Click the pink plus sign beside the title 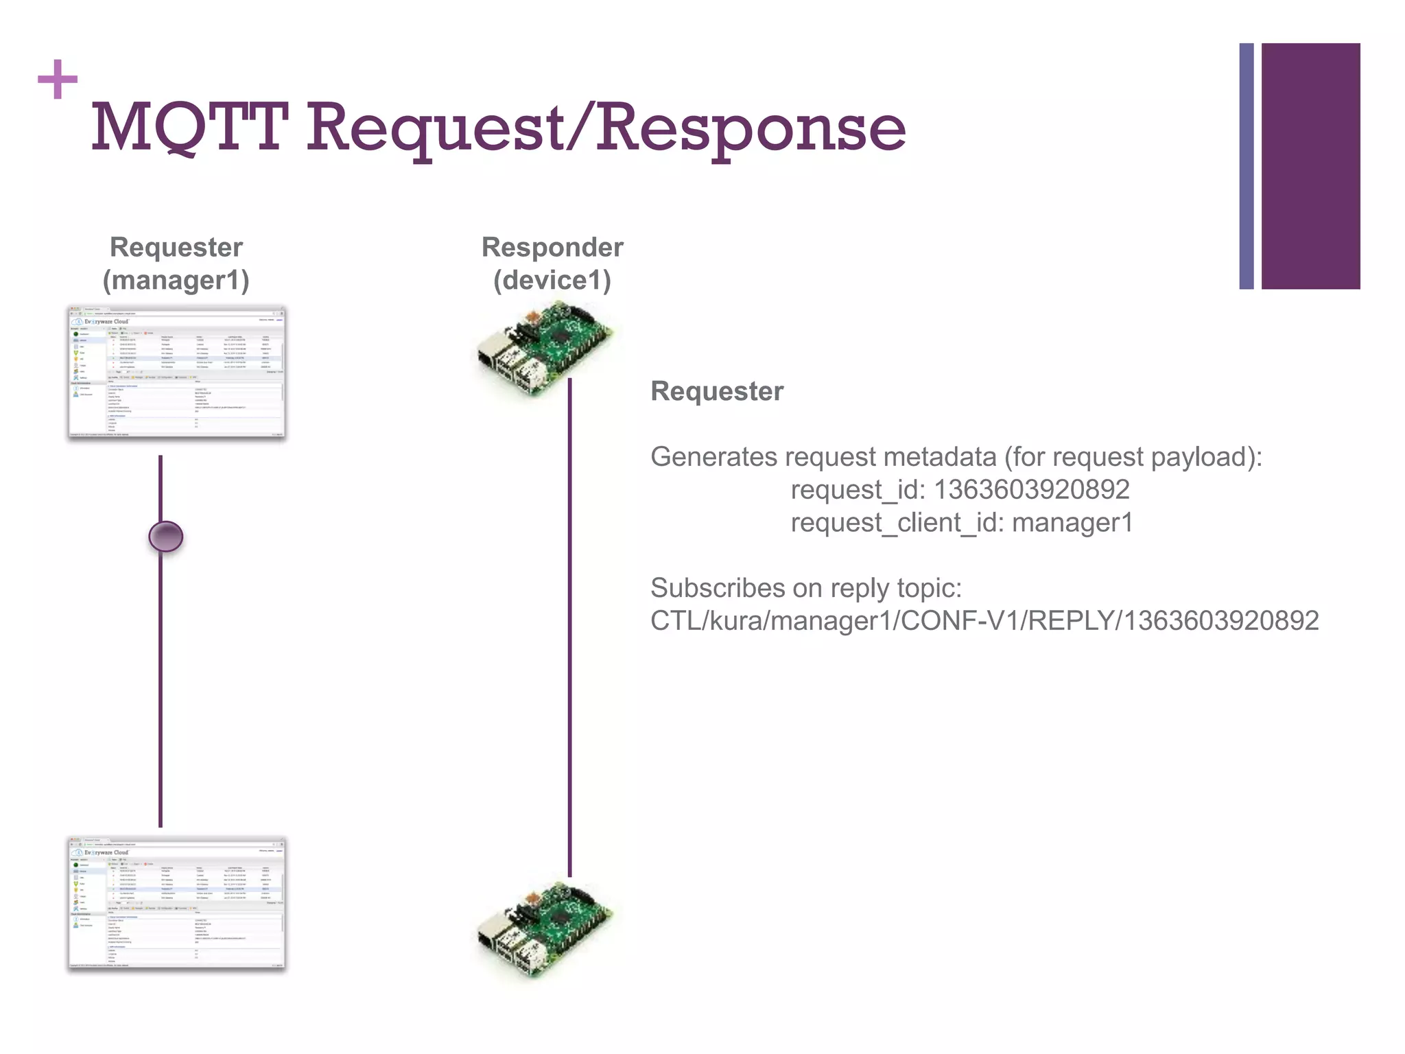pos(58,80)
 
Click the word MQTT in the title pos(189,128)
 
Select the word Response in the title pos(751,128)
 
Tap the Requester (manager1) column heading pos(176,263)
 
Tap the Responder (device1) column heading pos(552,263)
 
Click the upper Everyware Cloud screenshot pos(176,373)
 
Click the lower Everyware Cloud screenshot pos(176,902)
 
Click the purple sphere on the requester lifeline pos(166,537)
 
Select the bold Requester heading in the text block pos(716,391)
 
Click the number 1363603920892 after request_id pos(1031,490)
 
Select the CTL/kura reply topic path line pos(984,621)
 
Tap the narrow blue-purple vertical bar pos(1246,166)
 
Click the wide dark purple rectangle pos(1310,166)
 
